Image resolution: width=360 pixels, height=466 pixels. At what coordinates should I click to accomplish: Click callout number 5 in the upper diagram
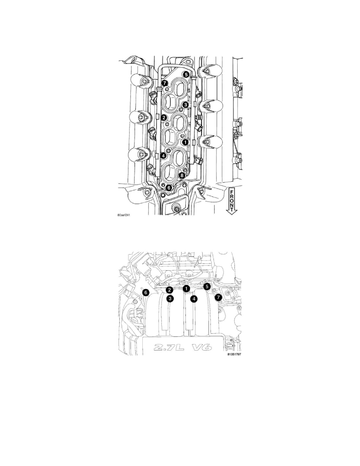point(186,75)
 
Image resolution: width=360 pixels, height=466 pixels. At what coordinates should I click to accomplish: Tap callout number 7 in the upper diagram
point(165,84)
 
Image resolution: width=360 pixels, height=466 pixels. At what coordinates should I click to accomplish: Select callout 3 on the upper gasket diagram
point(185,104)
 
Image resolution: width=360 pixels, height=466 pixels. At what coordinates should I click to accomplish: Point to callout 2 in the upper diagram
point(164,118)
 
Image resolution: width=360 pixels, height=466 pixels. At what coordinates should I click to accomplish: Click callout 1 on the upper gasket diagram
point(185,142)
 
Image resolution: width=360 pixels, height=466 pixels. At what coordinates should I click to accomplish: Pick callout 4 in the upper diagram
point(164,155)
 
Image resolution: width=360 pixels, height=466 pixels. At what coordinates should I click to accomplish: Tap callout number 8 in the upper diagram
point(182,176)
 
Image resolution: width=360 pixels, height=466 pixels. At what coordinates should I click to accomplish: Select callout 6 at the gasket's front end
point(169,188)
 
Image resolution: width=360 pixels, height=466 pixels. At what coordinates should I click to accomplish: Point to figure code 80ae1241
point(124,215)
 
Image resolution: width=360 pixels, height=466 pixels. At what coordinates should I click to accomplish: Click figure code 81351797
point(235,355)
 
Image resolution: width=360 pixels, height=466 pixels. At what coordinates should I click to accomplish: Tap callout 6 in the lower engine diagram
point(145,293)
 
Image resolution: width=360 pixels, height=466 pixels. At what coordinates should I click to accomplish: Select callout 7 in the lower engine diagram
point(219,297)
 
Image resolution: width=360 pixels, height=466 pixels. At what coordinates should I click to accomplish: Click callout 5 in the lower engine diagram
point(207,287)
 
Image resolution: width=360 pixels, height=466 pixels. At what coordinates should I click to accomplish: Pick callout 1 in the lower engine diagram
point(186,288)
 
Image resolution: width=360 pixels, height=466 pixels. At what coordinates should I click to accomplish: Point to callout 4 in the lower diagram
point(194,299)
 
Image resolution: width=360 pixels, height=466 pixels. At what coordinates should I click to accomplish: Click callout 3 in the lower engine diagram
point(169,299)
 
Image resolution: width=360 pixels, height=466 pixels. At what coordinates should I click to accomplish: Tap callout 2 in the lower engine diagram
point(169,290)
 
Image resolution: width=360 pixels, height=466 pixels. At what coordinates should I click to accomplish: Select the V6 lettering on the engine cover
point(205,347)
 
